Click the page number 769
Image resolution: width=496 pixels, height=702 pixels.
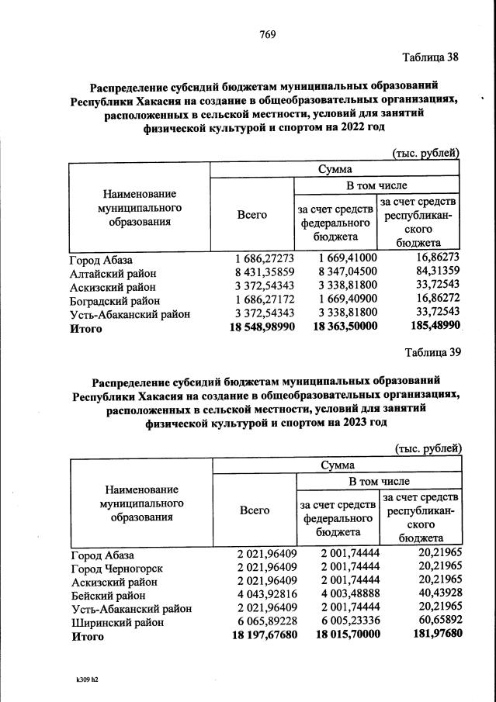coord(269,34)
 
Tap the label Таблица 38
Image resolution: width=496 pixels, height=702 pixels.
coord(431,57)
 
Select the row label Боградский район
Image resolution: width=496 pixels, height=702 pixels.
coord(115,300)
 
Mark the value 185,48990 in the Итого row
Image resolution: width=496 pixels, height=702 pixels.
coord(429,328)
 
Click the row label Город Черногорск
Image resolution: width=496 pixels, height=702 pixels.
coord(116,568)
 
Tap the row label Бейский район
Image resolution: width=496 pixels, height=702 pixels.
coord(106,596)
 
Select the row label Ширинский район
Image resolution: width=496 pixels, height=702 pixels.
coord(117,622)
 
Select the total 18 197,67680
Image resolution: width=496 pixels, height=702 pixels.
coord(264,636)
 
